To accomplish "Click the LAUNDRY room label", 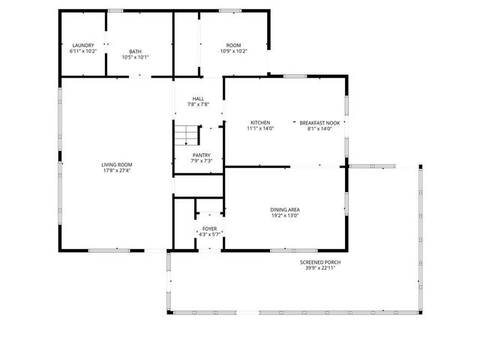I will point(82,46).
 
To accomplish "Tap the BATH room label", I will point(135,52).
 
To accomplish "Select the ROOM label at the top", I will point(233,46).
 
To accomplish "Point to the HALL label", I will point(198,99).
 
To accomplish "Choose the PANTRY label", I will point(202,155).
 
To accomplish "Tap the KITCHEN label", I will point(260,123).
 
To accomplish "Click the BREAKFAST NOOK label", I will point(320,123).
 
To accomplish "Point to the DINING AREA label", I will point(285,210).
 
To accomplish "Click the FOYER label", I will point(209,229).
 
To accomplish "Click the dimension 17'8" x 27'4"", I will point(118,171).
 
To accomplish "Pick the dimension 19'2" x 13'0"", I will point(285,216).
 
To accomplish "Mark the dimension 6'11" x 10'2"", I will point(82,52).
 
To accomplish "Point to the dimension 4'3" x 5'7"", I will point(209,235).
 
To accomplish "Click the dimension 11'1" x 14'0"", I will point(260,129).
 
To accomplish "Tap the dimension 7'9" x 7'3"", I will point(202,161).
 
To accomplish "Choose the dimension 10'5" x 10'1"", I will point(135,58).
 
